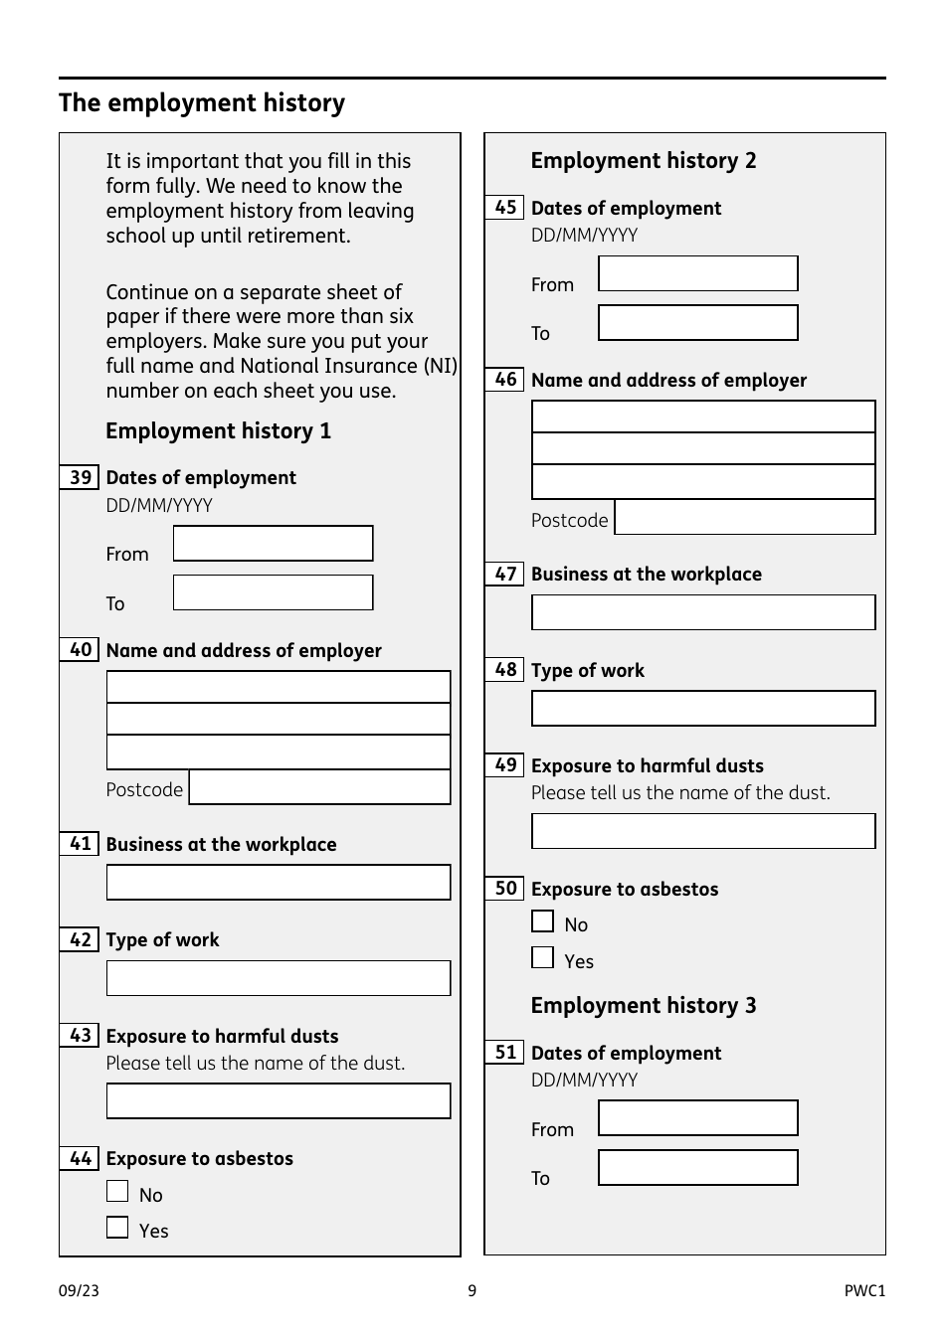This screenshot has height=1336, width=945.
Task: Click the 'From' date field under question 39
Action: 273,544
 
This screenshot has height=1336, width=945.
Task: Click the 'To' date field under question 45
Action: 697,323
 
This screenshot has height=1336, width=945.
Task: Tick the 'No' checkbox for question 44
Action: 117,1191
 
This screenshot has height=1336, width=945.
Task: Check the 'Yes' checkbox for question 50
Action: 542,957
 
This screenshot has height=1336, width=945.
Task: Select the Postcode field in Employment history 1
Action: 319,787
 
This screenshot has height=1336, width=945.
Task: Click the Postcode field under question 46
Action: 744,518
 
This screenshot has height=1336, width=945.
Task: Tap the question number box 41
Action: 80,844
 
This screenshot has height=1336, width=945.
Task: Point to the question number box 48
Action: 504,670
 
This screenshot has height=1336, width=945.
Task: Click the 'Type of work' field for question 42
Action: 279,978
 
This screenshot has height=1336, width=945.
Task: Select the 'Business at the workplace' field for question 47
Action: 703,612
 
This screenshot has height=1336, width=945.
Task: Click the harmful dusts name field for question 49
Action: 703,831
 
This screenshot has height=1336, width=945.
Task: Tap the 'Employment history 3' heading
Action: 643,1005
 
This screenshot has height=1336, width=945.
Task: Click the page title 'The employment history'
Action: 202,103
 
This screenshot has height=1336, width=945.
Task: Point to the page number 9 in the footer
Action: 472,1291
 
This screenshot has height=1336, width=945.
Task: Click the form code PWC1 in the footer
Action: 863,1291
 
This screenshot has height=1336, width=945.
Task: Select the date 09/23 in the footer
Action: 79,1291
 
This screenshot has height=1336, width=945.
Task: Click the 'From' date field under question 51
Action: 697,1118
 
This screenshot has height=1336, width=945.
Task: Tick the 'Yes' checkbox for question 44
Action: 117,1228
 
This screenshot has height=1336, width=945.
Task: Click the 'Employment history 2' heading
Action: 643,161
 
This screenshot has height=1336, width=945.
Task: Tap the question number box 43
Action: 80,1036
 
